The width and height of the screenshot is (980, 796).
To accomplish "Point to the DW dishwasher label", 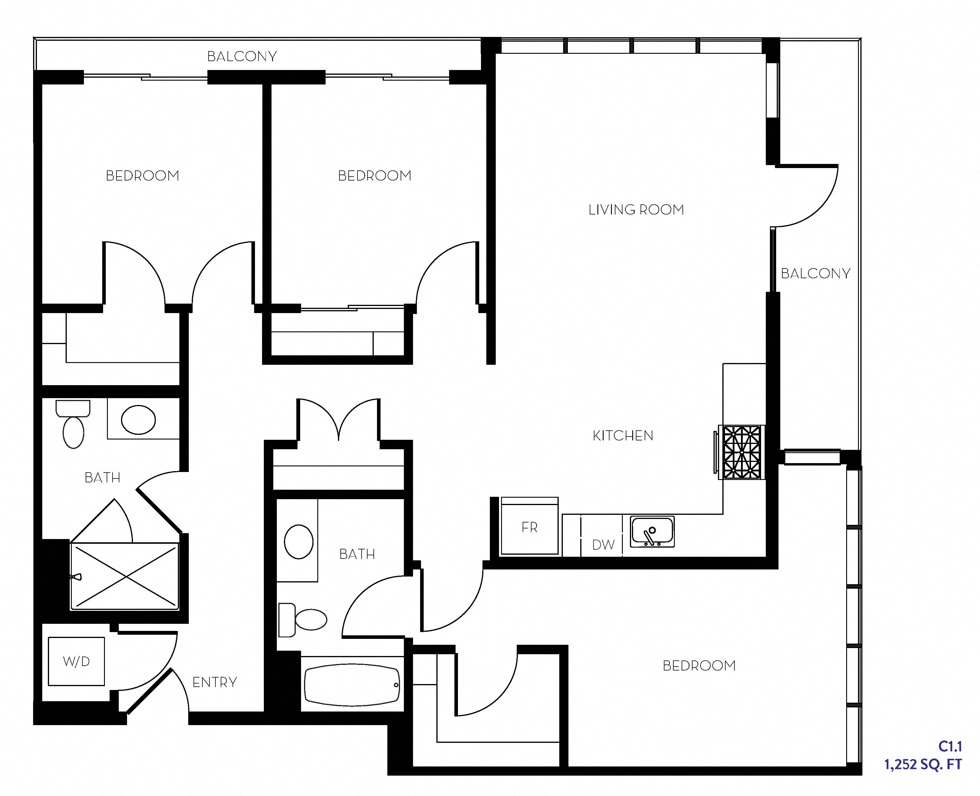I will click(603, 545).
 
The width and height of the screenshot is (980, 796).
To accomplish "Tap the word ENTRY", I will click(214, 682).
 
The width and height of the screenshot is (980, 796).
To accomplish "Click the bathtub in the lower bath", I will click(352, 685).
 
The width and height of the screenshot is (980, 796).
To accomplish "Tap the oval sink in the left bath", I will click(138, 419).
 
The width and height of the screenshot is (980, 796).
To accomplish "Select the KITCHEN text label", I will click(623, 436).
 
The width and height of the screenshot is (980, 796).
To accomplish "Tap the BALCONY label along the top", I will click(242, 56).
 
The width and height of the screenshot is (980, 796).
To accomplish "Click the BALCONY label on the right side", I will click(815, 274).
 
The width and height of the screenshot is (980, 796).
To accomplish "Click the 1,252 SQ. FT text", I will click(923, 764).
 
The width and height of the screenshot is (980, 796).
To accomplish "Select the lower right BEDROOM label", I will click(699, 665).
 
